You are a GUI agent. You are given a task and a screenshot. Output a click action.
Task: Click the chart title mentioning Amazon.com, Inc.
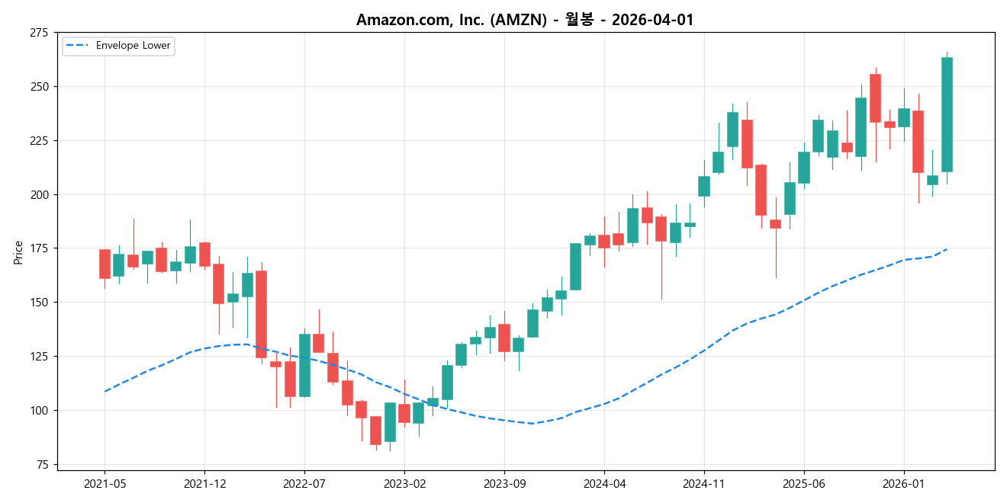coord(525,20)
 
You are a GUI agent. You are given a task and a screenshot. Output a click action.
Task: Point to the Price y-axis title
coord(18,252)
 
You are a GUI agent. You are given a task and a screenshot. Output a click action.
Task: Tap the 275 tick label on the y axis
coord(38,33)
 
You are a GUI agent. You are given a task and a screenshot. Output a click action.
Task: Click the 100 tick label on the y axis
coord(38,411)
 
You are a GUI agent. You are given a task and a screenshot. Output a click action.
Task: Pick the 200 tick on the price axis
coord(38,195)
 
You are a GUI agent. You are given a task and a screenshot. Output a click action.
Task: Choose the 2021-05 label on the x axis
coord(105,484)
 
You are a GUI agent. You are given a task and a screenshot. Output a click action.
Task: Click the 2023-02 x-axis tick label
coord(404,484)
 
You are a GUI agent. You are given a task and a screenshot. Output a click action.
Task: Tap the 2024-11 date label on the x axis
coord(703,484)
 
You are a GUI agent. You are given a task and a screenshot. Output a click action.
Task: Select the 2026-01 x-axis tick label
coord(903,484)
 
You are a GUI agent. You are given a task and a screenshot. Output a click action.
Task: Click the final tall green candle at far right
coord(947,114)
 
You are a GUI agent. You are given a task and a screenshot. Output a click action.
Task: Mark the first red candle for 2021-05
coord(105,264)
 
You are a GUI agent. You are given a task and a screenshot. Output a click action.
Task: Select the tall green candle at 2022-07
coord(304,365)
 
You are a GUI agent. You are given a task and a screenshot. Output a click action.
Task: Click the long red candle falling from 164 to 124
coord(261,314)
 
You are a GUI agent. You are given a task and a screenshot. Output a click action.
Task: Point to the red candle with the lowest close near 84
coord(375,431)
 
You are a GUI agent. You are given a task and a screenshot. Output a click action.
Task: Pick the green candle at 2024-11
coord(703,186)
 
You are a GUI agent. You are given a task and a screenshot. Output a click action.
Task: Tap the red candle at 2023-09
coord(504,338)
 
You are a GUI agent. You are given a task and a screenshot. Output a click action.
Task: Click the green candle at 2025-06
coord(803,167)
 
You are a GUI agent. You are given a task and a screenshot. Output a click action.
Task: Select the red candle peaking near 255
coord(875,98)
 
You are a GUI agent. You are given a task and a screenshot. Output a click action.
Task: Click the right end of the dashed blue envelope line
coord(947,249)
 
